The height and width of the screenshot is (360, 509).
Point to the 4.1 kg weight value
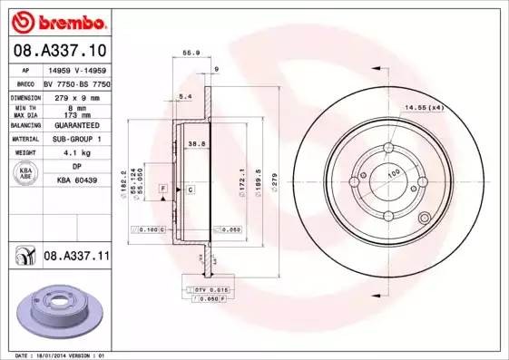(77, 153)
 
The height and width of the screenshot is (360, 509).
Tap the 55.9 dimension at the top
(191, 54)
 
